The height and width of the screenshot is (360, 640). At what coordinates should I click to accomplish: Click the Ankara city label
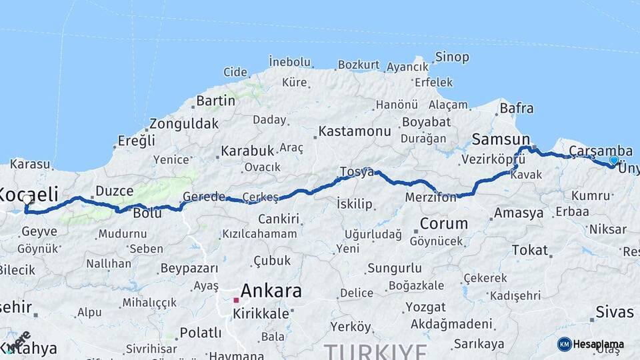coord(271,291)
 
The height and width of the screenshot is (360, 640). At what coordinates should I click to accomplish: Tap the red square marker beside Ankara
coord(236,300)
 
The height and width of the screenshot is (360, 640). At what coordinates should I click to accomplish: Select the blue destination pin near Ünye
coord(614,160)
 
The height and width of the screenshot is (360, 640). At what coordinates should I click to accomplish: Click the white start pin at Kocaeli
coord(27,199)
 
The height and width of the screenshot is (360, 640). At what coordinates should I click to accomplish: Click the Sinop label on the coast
coord(452,57)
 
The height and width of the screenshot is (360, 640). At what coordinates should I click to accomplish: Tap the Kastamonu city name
coord(354,131)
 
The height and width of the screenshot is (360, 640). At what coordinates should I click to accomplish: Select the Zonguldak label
coord(183,124)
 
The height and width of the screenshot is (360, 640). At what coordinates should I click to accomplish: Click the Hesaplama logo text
coord(599,344)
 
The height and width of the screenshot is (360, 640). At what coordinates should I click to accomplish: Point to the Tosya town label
coord(357,172)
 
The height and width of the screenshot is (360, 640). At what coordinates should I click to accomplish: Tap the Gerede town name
coord(204,197)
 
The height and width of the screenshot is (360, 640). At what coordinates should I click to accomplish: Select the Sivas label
coord(614,311)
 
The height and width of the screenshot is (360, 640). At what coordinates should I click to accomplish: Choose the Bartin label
coord(215,101)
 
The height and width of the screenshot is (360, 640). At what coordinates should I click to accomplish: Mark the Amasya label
coord(518,213)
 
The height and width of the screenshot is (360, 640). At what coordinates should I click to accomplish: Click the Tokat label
coord(529,250)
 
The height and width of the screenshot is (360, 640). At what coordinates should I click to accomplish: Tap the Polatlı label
coord(200,332)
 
